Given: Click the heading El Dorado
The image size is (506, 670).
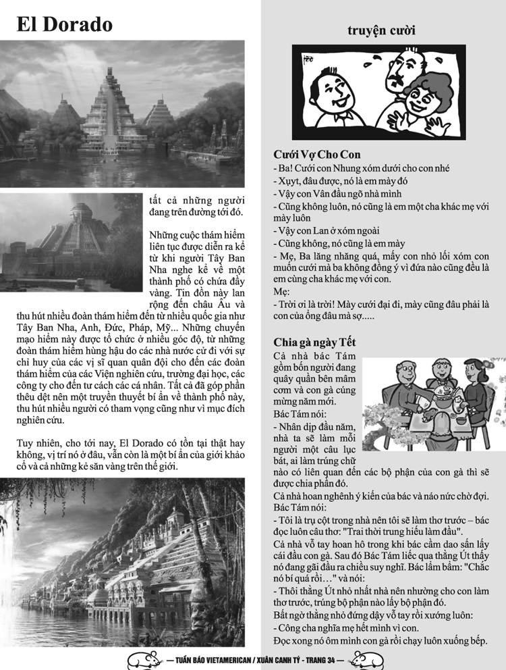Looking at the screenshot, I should (65, 24).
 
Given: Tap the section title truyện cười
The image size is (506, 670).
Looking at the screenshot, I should (381, 30).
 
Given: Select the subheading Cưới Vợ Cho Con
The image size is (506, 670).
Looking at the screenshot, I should (317, 155).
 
